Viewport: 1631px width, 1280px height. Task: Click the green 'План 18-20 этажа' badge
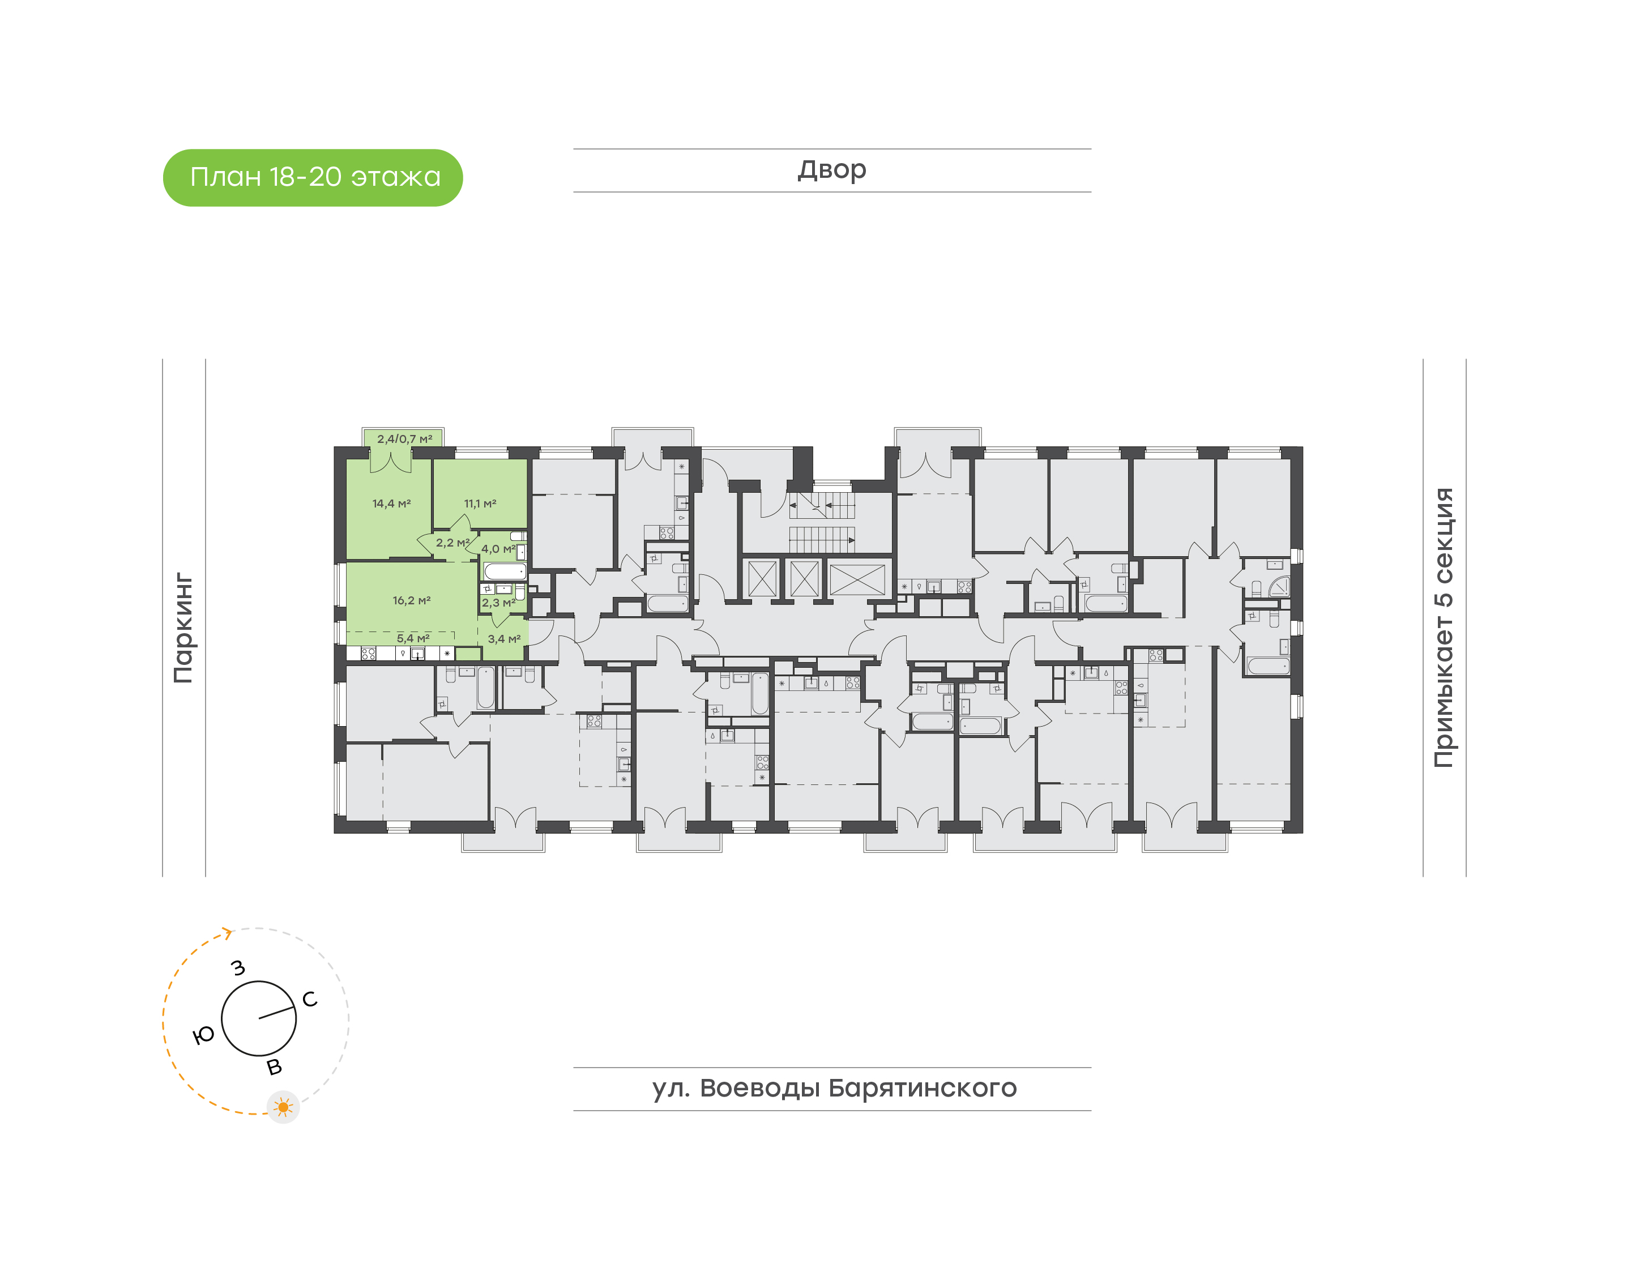(x=313, y=178)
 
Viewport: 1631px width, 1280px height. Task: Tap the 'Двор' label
(x=831, y=170)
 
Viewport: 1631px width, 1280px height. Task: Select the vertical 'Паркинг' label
(x=183, y=628)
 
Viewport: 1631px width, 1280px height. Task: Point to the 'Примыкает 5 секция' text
(x=1443, y=628)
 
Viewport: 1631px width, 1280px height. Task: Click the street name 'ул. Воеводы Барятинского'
(x=834, y=1088)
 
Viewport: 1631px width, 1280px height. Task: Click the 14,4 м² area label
(x=391, y=504)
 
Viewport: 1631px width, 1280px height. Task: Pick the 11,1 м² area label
(x=480, y=504)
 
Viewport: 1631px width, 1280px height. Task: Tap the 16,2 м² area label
(x=411, y=600)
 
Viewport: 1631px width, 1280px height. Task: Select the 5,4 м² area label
(x=413, y=638)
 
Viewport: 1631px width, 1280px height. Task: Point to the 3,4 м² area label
(x=503, y=639)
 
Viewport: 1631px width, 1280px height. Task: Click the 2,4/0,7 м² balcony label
(x=404, y=439)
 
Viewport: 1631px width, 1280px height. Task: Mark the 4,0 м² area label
(x=497, y=549)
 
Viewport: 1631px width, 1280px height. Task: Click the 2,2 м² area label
(x=452, y=543)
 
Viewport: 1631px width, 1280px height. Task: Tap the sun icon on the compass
(x=283, y=1107)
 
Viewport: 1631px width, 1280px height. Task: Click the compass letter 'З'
(x=238, y=967)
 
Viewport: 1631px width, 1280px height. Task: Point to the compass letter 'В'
(x=274, y=1067)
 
